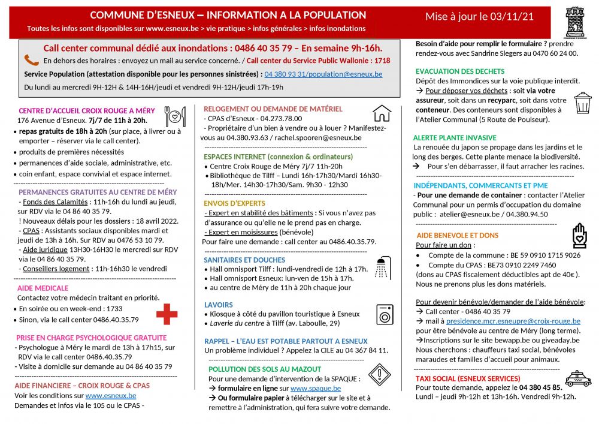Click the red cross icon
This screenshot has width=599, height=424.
pyautogui.click(x=167, y=314)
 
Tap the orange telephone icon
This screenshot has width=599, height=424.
pyautogui.click(x=32, y=60)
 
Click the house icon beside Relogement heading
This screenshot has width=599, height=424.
pyautogui.click(x=382, y=113)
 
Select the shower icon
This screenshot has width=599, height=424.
pyautogui.click(x=382, y=267)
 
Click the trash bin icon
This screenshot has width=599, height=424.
pyautogui.click(x=582, y=103)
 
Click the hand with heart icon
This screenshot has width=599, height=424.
pyautogui.click(x=579, y=235)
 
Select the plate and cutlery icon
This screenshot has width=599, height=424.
pyautogui.click(x=176, y=116)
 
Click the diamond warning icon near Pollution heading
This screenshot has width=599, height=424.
pyautogui.click(x=380, y=375)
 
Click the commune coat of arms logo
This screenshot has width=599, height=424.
pyautogui.click(x=575, y=23)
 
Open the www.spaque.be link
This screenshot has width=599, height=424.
pyautogui.click(x=316, y=389)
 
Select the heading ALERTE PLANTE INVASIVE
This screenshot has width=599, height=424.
pyautogui.click(x=455, y=137)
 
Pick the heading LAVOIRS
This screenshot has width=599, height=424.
pyautogui.click(x=219, y=305)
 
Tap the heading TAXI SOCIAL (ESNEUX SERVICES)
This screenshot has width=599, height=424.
pyautogui.click(x=468, y=378)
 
